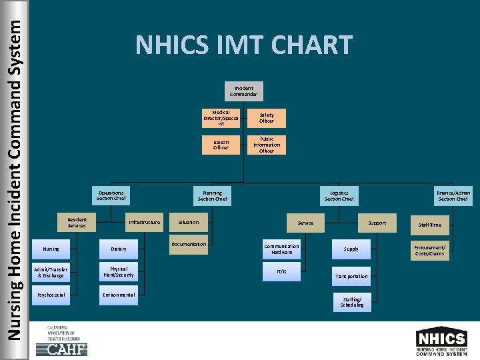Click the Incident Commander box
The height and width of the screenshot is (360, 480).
(244, 91)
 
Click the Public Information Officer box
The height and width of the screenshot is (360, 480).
(267, 145)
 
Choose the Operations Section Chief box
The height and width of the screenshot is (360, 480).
(111, 195)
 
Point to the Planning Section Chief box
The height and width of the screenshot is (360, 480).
(212, 195)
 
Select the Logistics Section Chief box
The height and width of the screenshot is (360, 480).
(339, 195)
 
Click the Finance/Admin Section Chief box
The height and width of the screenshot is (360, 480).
(453, 195)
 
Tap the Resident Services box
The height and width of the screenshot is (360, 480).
(77, 222)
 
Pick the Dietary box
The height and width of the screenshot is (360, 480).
(119, 249)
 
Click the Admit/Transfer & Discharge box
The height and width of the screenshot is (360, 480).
(51, 272)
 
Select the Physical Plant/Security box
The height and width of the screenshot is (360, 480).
(119, 272)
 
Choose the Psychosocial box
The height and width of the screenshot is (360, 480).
(51, 295)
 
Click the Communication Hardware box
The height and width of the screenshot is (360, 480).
(281, 249)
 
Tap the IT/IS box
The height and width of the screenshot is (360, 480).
(281, 271)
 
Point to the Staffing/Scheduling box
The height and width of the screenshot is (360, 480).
(351, 302)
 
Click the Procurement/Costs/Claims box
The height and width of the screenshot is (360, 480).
(430, 250)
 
